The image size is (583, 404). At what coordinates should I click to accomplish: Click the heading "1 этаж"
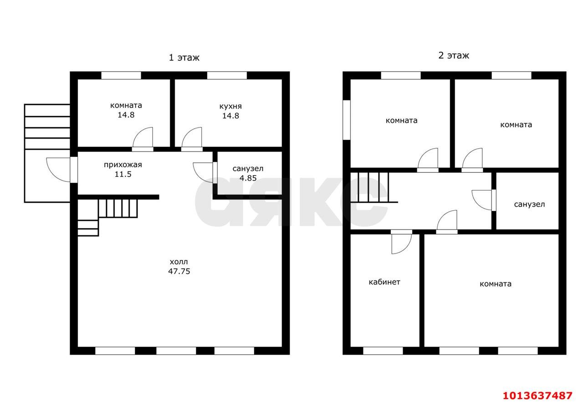[184, 57]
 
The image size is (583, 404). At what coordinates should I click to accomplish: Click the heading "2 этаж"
[454, 56]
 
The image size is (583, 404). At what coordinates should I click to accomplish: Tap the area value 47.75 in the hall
[179, 271]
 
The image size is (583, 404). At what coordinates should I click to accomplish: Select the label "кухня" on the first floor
[230, 106]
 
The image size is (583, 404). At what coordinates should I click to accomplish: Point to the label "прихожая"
[123, 165]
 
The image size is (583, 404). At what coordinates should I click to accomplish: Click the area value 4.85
[248, 178]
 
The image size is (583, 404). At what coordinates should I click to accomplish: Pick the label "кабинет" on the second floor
[384, 282]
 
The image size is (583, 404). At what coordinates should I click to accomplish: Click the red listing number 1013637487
[537, 396]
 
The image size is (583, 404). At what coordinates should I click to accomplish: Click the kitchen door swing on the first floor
[192, 137]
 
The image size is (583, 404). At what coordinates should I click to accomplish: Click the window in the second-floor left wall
[347, 120]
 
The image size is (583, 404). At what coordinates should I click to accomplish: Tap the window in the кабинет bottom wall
[383, 351]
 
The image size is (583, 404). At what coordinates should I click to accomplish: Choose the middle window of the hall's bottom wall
[176, 351]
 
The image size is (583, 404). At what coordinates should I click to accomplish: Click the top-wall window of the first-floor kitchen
[227, 75]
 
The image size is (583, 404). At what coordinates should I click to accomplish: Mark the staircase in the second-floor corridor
[374, 187]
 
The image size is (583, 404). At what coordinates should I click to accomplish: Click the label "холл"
[179, 262]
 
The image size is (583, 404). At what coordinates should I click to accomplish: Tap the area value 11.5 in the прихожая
[123, 174]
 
